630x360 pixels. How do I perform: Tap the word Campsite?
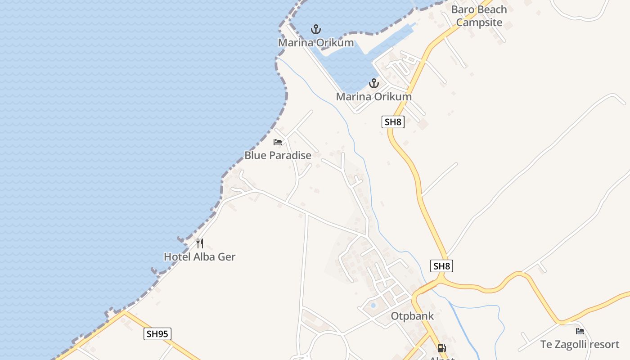479,22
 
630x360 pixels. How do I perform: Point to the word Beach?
492,9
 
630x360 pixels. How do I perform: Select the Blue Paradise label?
278,156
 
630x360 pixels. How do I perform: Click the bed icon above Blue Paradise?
278,142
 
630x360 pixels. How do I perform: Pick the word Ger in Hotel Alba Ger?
227,257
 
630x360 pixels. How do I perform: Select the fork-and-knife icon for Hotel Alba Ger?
200,243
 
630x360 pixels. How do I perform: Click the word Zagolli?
571,345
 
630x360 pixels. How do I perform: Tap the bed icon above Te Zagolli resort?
580,331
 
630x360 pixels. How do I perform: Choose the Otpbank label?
412,316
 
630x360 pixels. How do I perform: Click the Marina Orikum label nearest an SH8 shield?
373,97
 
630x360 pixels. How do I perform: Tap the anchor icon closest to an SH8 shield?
373,83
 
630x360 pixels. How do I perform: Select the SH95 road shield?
158,334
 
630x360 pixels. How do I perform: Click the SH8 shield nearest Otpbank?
441,266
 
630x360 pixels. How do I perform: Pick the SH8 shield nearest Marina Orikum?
393,121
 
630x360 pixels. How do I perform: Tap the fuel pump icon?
441,348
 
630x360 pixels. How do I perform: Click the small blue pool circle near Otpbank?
373,306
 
